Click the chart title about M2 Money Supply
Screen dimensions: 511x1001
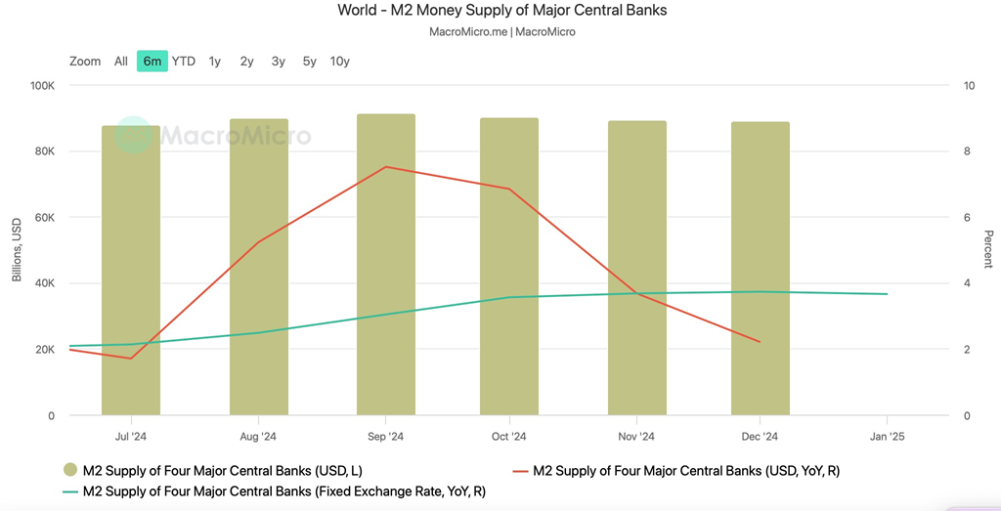(501, 11)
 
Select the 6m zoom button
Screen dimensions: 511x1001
(152, 61)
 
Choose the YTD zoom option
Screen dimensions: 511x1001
(184, 61)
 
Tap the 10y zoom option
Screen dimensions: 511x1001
(340, 61)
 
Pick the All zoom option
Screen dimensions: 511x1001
(121, 61)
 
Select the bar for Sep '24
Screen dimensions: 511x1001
(386, 264)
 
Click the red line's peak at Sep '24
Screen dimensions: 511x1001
(386, 167)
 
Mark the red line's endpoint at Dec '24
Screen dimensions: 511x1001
(760, 342)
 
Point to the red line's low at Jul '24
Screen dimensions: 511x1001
(131, 359)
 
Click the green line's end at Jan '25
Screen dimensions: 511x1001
(887, 294)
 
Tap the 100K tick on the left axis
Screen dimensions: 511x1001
(42, 86)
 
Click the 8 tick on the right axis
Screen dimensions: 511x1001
(968, 151)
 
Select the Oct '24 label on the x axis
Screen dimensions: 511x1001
(509, 437)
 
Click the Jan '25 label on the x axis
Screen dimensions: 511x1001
(887, 437)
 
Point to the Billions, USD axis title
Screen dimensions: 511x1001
(17, 250)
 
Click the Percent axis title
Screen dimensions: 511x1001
(987, 250)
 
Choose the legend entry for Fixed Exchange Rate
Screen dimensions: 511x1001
(283, 491)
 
